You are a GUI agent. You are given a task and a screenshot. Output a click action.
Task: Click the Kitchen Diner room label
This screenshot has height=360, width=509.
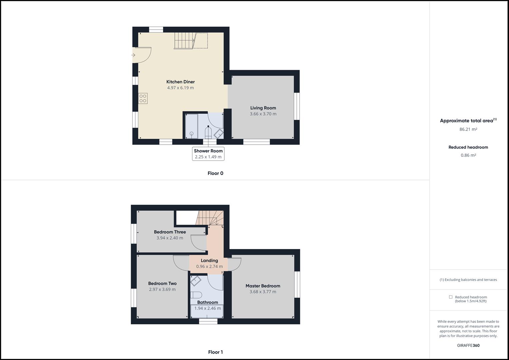[180, 82]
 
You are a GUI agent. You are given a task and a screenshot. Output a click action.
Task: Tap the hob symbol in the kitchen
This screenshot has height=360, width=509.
[143, 99]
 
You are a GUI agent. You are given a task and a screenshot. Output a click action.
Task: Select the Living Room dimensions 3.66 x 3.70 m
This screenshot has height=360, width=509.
[263, 114]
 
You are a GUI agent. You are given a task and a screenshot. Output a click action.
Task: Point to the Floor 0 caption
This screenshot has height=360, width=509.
[215, 173]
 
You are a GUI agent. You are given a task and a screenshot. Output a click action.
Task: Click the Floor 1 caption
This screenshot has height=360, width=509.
[215, 352]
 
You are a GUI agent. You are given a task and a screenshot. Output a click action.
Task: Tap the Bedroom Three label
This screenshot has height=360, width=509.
[170, 232]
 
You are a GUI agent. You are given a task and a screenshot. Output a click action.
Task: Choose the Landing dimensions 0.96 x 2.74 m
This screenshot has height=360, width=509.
[209, 266]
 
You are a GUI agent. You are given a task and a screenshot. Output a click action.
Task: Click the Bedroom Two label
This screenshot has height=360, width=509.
[162, 284]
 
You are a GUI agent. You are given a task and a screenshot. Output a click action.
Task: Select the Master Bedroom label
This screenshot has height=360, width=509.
[263, 286]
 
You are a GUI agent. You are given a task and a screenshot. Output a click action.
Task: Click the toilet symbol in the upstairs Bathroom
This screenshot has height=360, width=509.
[197, 295]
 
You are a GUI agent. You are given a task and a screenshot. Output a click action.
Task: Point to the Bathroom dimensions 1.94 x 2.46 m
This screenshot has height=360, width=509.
[207, 308]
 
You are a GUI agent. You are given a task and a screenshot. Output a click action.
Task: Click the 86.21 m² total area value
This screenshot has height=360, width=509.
[468, 129]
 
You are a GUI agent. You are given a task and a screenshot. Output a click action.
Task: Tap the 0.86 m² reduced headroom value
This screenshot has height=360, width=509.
[468, 155]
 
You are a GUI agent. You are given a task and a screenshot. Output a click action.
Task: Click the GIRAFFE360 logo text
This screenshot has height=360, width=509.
[468, 345]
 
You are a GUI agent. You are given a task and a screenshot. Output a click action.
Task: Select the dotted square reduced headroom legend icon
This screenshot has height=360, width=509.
[451, 297]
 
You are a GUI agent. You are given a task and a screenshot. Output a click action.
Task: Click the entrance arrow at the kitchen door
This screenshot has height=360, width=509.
[133, 55]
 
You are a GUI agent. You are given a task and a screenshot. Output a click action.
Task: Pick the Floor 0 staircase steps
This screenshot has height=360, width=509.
[183, 41]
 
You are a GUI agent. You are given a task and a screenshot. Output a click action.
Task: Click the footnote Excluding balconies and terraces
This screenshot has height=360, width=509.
[468, 280]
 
